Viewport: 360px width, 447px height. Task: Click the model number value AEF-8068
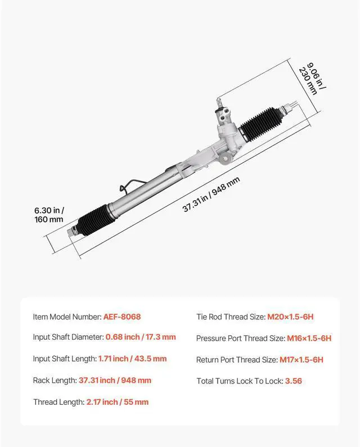(121, 317)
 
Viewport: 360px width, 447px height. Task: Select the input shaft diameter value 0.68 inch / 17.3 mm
(141, 337)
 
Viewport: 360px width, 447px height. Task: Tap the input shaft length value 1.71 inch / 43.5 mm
(132, 359)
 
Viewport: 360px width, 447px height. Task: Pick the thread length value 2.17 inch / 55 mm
(117, 402)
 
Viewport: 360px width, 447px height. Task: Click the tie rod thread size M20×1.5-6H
(290, 317)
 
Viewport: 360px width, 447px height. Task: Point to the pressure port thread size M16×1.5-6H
(309, 338)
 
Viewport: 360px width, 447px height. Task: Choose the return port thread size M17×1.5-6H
(301, 360)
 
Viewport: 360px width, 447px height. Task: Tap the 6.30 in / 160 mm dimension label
(48, 215)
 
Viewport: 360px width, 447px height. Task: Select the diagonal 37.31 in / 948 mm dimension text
(211, 195)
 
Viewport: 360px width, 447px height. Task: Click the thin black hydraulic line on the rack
(128, 185)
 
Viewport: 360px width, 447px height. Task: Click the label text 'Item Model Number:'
(67, 317)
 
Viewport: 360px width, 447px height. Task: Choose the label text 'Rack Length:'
(54, 381)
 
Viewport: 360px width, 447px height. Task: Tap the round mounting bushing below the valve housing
(224, 159)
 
